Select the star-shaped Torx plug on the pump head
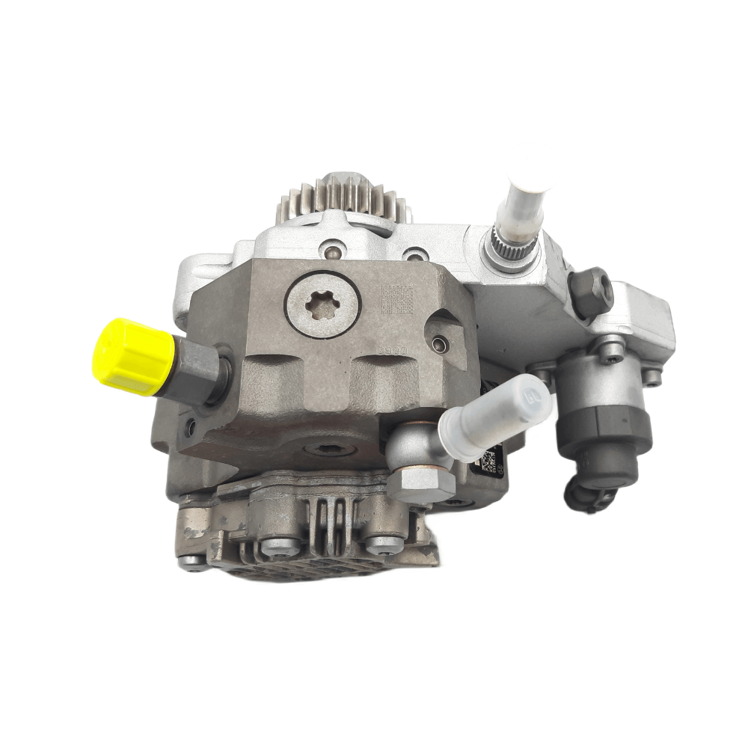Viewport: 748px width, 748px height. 322,303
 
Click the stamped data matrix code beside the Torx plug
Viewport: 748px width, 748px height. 396,299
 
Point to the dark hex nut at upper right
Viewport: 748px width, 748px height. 591,289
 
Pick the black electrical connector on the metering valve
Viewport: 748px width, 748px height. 588,494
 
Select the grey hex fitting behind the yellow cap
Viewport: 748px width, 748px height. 196,368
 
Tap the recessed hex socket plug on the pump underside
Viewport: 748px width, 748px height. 325,450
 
